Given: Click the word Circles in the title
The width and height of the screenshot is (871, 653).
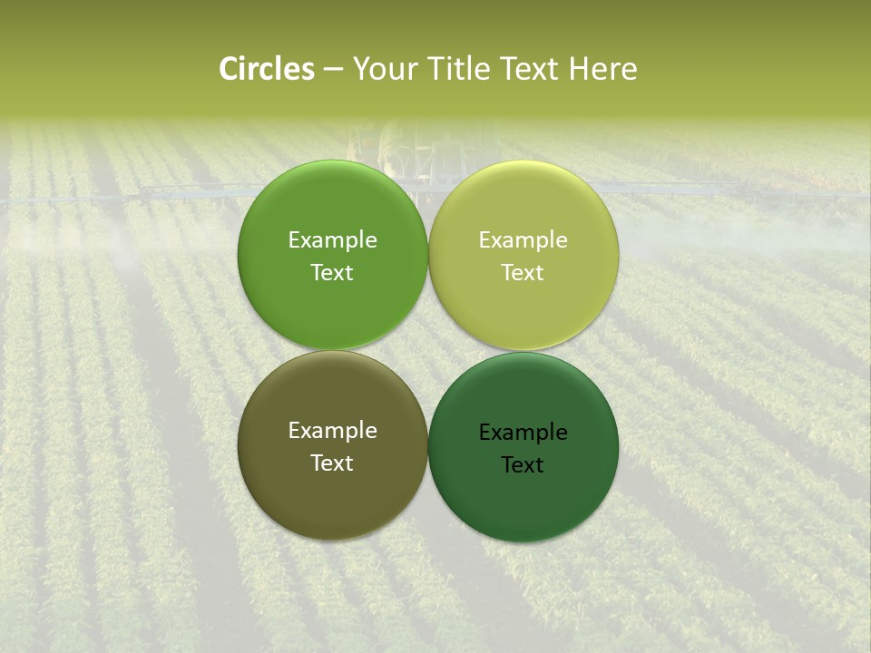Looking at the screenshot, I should (x=267, y=69).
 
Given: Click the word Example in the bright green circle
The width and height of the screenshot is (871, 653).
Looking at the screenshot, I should (x=332, y=240).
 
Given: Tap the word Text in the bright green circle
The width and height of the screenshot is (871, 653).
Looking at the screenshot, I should (x=332, y=273).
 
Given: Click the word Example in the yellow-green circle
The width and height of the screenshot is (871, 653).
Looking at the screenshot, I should (x=523, y=240).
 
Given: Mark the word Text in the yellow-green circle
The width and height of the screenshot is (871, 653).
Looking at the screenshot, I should (x=523, y=273).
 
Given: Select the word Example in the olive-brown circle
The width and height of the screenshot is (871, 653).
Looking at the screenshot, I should (x=332, y=431).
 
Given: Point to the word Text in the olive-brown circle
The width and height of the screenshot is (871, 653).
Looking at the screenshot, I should (x=332, y=463).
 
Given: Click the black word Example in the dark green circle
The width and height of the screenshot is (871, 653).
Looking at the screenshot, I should (x=523, y=433).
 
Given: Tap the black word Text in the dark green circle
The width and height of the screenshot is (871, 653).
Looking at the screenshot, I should (x=523, y=465).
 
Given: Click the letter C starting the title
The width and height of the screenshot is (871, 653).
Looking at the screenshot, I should (x=228, y=69).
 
